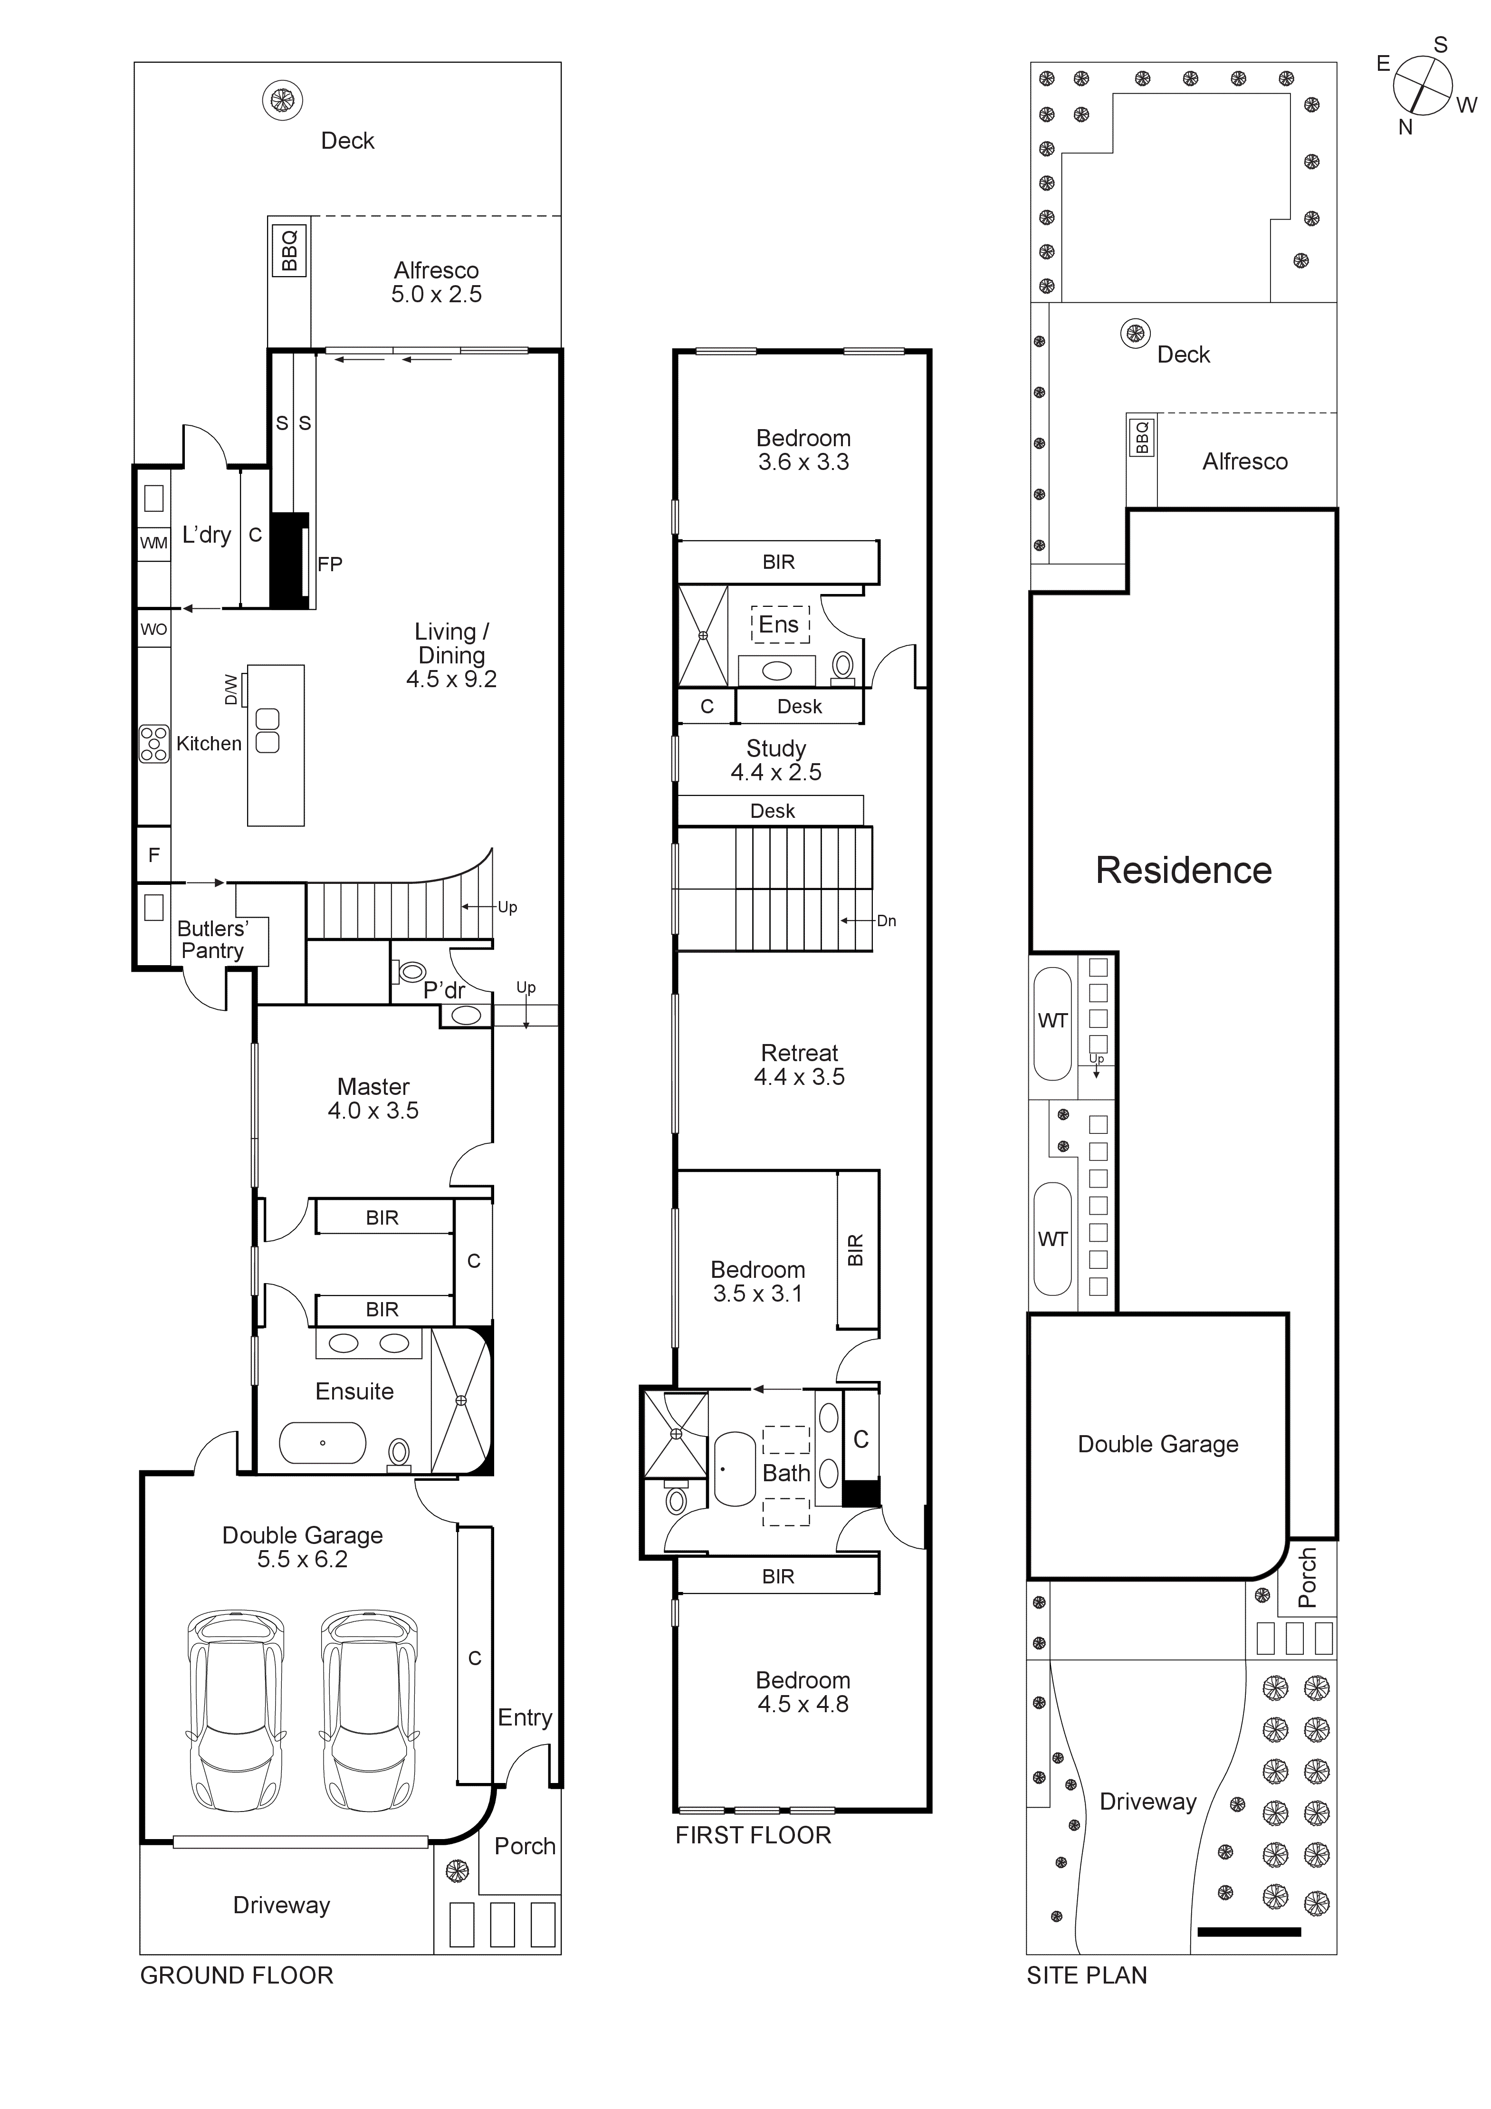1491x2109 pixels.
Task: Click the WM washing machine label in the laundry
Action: pos(153,543)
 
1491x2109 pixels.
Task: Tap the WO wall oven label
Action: pos(153,629)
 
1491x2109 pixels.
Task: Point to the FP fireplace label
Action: pos(330,564)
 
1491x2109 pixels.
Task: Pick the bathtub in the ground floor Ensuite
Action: pos(323,1443)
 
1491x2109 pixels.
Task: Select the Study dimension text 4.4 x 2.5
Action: pos(776,773)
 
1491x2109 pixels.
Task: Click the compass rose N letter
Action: pos(1405,128)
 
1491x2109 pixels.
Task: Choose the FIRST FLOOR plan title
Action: pos(753,1835)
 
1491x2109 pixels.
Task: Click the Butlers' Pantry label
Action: pos(212,939)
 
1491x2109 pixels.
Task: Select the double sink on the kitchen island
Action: pos(268,731)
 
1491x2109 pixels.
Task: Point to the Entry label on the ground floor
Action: pos(525,1718)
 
